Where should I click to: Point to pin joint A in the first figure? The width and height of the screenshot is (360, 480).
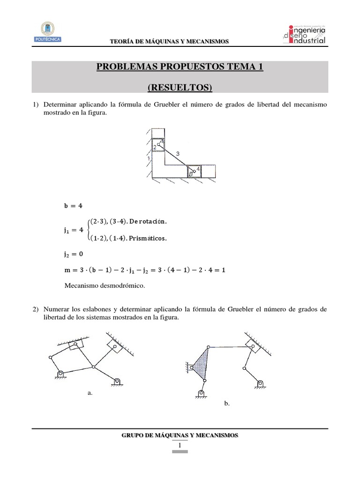(159, 145)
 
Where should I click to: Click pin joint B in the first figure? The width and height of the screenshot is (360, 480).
(195, 171)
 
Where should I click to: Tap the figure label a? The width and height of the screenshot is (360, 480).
(90, 394)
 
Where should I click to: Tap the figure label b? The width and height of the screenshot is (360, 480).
(226, 403)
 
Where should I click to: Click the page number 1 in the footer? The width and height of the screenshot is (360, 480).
(180, 445)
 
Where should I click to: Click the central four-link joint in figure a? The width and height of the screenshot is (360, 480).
(94, 367)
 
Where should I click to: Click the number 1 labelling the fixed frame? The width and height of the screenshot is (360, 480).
(149, 159)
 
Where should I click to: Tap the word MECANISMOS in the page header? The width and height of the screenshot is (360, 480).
(208, 42)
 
